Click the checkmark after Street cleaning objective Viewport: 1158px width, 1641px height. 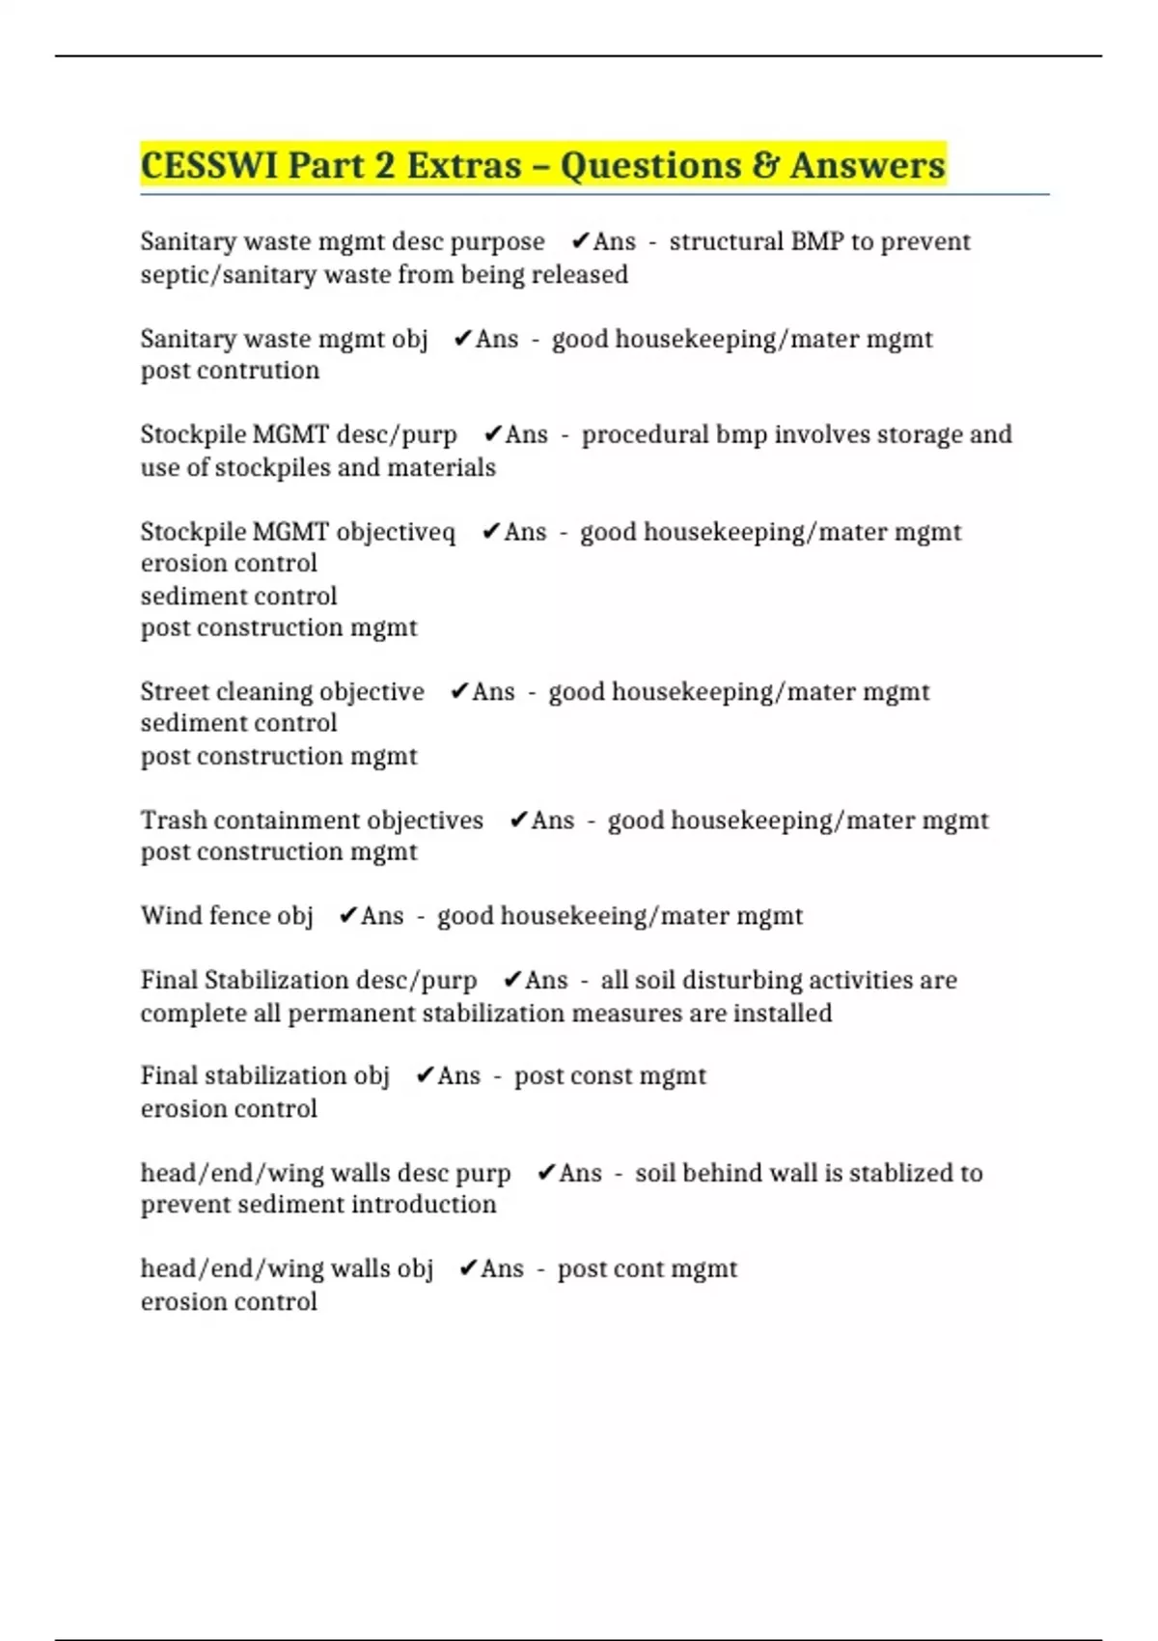tap(459, 691)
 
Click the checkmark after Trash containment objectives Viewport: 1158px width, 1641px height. tap(518, 820)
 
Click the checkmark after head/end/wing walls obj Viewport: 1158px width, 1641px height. tap(468, 1268)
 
